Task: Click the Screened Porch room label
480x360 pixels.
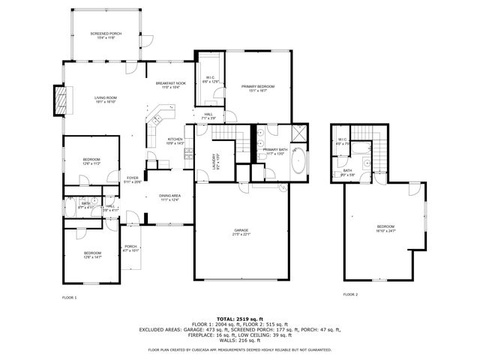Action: pos(105,35)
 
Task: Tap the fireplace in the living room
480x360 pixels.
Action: pos(58,100)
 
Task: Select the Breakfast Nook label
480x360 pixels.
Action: pos(171,85)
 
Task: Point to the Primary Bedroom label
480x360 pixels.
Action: pos(257,88)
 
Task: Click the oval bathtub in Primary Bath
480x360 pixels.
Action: pos(298,162)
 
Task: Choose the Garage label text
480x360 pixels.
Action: pos(241,232)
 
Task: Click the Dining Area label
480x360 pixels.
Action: pos(169,198)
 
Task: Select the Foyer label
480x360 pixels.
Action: pos(132,179)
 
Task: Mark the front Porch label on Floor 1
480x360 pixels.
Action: pos(130,248)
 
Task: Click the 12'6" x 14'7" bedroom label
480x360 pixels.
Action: pos(92,255)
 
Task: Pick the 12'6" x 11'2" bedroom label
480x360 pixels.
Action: pos(91,161)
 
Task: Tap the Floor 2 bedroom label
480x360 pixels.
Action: pos(385,229)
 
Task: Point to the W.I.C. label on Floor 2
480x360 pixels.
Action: pos(342,141)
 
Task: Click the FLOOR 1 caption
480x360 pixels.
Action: pos(69,298)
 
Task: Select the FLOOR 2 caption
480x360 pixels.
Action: pos(350,295)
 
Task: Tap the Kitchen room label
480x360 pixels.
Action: pos(175,141)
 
